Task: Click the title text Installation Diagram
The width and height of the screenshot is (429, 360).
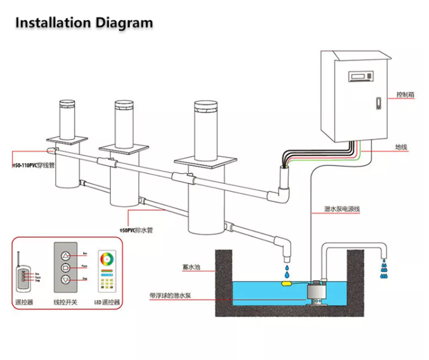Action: [84, 23]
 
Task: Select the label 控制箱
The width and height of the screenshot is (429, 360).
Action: [405, 95]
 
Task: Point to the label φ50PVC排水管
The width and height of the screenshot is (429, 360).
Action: [136, 229]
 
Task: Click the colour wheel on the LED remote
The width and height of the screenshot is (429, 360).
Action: [107, 261]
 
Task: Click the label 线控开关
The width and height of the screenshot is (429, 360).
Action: [67, 302]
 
